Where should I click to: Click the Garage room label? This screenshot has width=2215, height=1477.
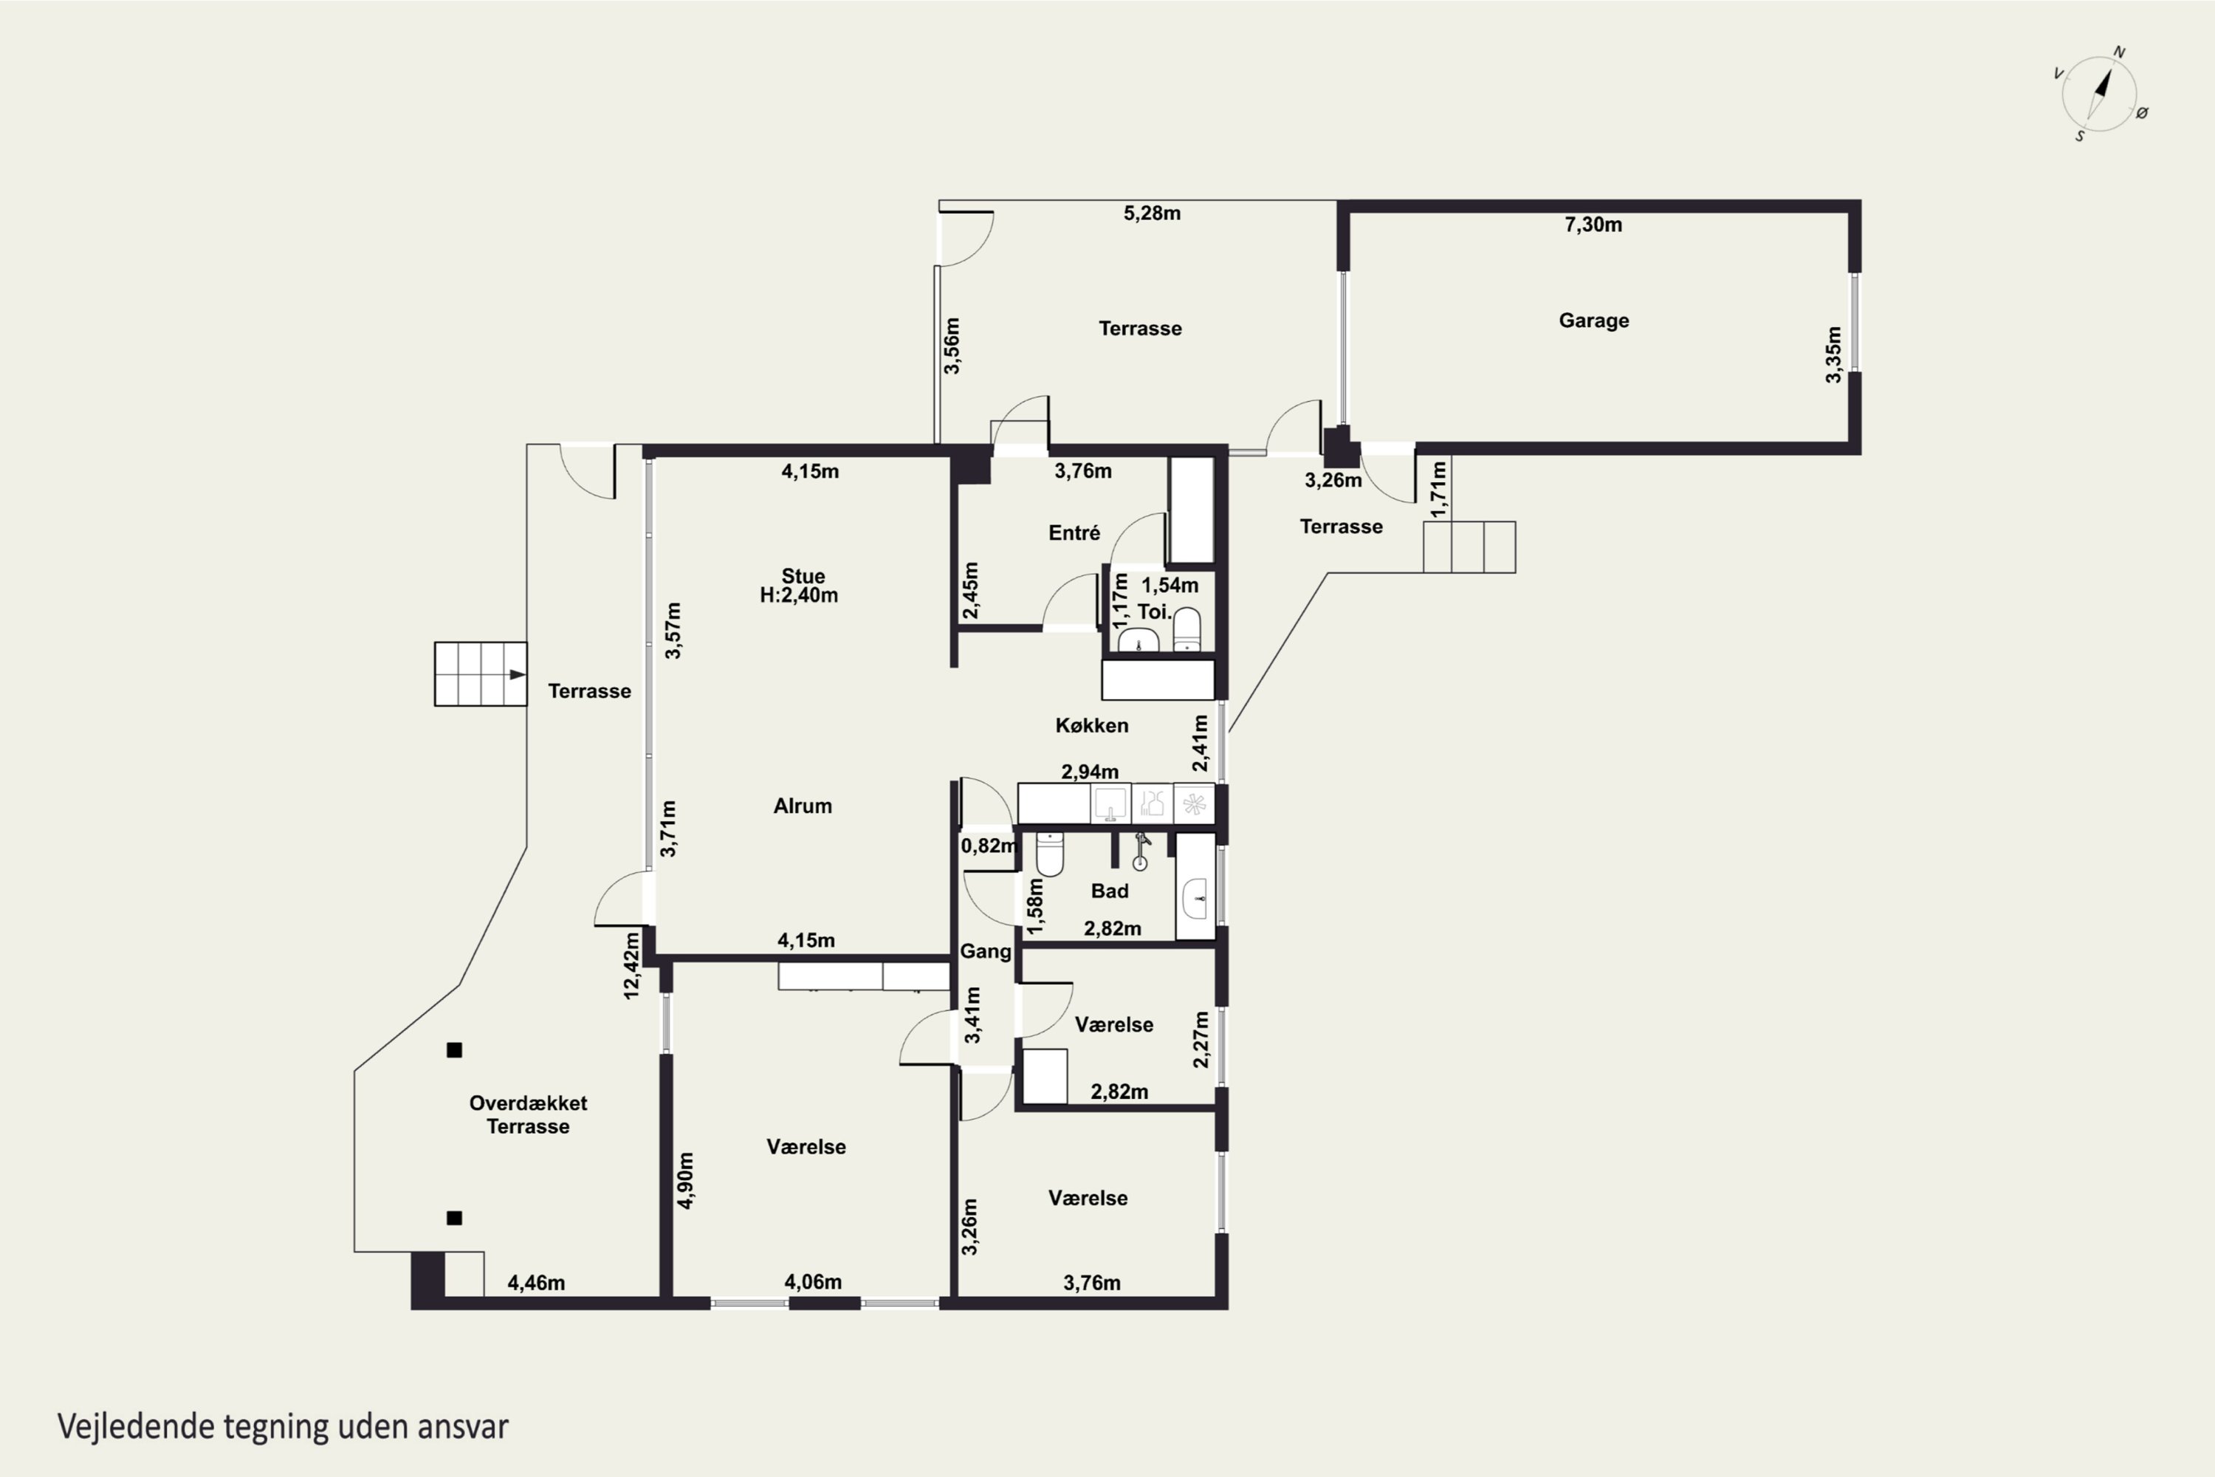[1593, 321]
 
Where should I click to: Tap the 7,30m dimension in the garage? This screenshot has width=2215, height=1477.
[1593, 225]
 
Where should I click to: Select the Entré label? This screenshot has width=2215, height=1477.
[1074, 533]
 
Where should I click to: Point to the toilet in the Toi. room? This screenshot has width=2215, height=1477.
[1187, 630]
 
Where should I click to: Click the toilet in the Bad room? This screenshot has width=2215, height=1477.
[1049, 854]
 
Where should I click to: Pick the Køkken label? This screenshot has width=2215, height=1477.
[1091, 725]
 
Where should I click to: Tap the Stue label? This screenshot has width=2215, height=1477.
[803, 575]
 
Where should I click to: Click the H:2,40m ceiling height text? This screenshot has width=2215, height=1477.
[799, 595]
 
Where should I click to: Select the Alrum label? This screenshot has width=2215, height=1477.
[803, 806]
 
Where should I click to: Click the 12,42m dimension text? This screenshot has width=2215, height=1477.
[631, 964]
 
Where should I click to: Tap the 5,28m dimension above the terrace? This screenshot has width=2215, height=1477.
[1152, 213]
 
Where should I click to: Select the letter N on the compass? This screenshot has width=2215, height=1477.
[2119, 52]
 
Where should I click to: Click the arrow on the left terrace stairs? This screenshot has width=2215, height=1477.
[517, 674]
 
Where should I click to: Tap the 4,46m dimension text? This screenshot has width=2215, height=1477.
[536, 1283]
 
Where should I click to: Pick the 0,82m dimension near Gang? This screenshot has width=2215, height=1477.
[989, 846]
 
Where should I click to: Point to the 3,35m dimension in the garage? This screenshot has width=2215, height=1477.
[1833, 354]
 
